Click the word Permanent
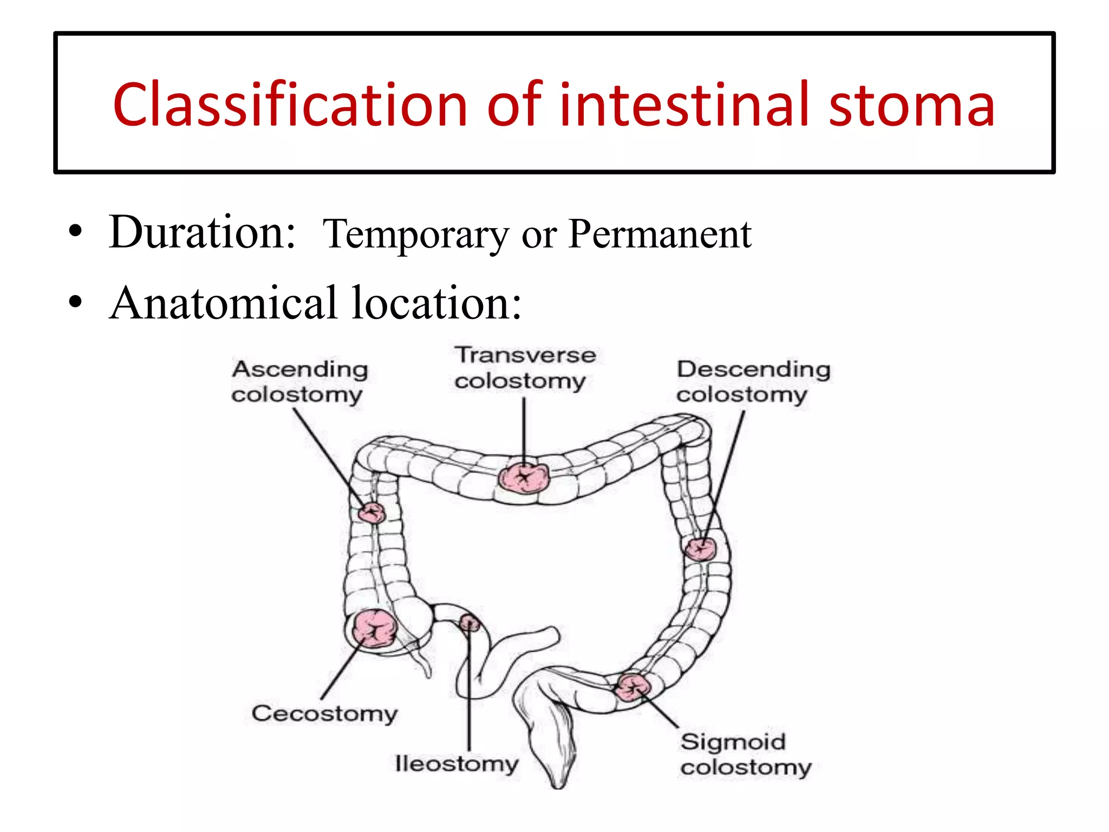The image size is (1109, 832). (660, 234)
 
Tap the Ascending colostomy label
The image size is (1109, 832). (299, 381)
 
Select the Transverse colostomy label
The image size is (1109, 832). (524, 368)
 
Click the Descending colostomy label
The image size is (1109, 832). (753, 381)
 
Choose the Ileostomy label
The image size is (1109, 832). (456, 764)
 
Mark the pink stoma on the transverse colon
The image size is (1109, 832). (524, 477)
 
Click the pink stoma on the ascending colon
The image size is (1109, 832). (372, 512)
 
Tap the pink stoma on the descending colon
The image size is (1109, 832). (701, 549)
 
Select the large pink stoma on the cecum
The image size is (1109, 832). (374, 628)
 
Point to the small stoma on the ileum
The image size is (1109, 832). (469, 623)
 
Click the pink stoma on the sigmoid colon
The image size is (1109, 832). (632, 688)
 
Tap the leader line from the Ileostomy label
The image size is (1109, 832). (469, 693)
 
